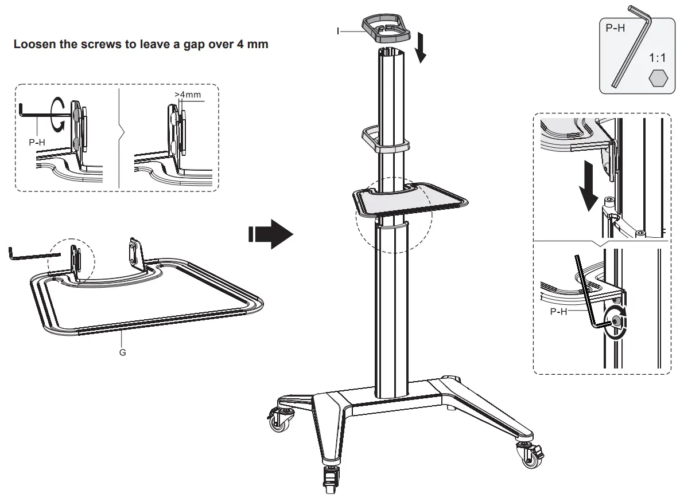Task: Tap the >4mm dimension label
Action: pyautogui.click(x=188, y=95)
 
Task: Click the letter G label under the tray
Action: pyautogui.click(x=122, y=352)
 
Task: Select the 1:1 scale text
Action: pyautogui.click(x=658, y=58)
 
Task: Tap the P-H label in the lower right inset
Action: pyautogui.click(x=558, y=312)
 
